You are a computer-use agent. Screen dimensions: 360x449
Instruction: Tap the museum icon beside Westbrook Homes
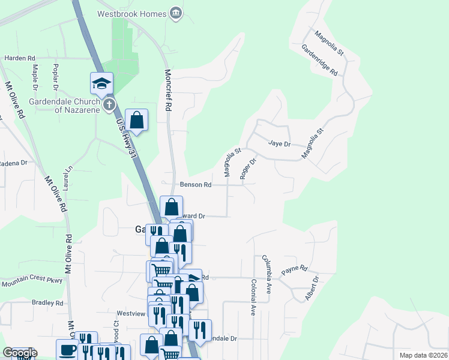click(176, 13)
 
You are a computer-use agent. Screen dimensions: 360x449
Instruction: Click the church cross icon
click(109, 105)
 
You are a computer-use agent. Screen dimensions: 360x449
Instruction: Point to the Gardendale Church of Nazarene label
click(71, 105)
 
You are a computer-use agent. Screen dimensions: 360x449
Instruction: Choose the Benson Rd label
click(195, 185)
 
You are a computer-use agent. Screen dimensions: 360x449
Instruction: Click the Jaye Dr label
click(279, 144)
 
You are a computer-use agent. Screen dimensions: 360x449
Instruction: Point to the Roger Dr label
click(248, 169)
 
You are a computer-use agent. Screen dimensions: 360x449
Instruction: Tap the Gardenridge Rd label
click(319, 60)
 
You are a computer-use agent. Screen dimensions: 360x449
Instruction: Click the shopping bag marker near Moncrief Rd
click(137, 119)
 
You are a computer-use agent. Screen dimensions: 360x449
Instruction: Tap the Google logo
click(20, 352)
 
